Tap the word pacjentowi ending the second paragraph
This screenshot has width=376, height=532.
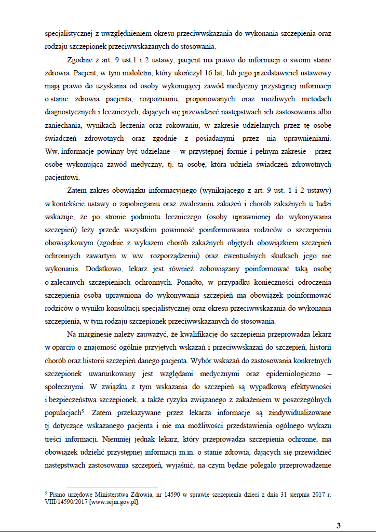[61, 177]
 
